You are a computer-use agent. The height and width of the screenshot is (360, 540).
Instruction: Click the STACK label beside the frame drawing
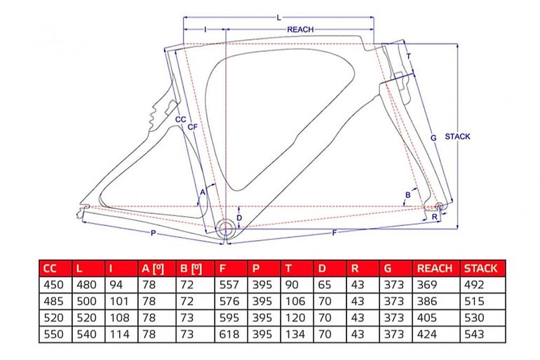click(x=457, y=136)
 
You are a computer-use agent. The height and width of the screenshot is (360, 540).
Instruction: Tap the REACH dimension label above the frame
click(x=300, y=29)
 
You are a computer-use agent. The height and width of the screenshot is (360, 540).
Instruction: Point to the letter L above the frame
click(x=279, y=18)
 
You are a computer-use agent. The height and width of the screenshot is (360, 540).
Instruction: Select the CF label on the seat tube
click(x=193, y=127)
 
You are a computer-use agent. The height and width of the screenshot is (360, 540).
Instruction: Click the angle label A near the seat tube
click(x=203, y=192)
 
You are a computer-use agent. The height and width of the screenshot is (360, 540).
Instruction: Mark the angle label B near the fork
click(x=408, y=195)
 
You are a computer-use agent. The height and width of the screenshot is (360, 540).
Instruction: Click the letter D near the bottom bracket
click(x=239, y=218)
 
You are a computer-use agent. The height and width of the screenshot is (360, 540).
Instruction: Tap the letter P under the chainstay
click(x=154, y=234)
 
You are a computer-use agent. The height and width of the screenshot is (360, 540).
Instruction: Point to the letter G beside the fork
click(x=433, y=138)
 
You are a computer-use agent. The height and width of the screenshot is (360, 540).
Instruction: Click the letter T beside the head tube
click(x=408, y=56)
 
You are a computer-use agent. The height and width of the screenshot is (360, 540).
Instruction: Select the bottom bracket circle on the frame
click(x=226, y=227)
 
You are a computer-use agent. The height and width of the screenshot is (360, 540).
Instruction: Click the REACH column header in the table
click(x=435, y=268)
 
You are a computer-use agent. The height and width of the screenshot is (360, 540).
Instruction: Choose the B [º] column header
click(x=191, y=268)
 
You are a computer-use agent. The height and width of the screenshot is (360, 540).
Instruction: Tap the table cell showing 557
click(x=229, y=285)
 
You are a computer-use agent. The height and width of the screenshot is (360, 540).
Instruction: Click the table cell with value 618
click(x=229, y=334)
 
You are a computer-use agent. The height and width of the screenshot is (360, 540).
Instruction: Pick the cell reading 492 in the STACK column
click(x=474, y=285)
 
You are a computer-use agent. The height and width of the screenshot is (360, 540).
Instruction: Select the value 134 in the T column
click(x=295, y=334)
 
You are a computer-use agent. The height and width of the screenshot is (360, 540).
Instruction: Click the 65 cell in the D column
click(x=325, y=285)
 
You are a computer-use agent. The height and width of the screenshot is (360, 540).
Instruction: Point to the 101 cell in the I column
click(x=119, y=302)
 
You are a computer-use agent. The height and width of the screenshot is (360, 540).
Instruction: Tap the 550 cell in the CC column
click(x=54, y=334)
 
